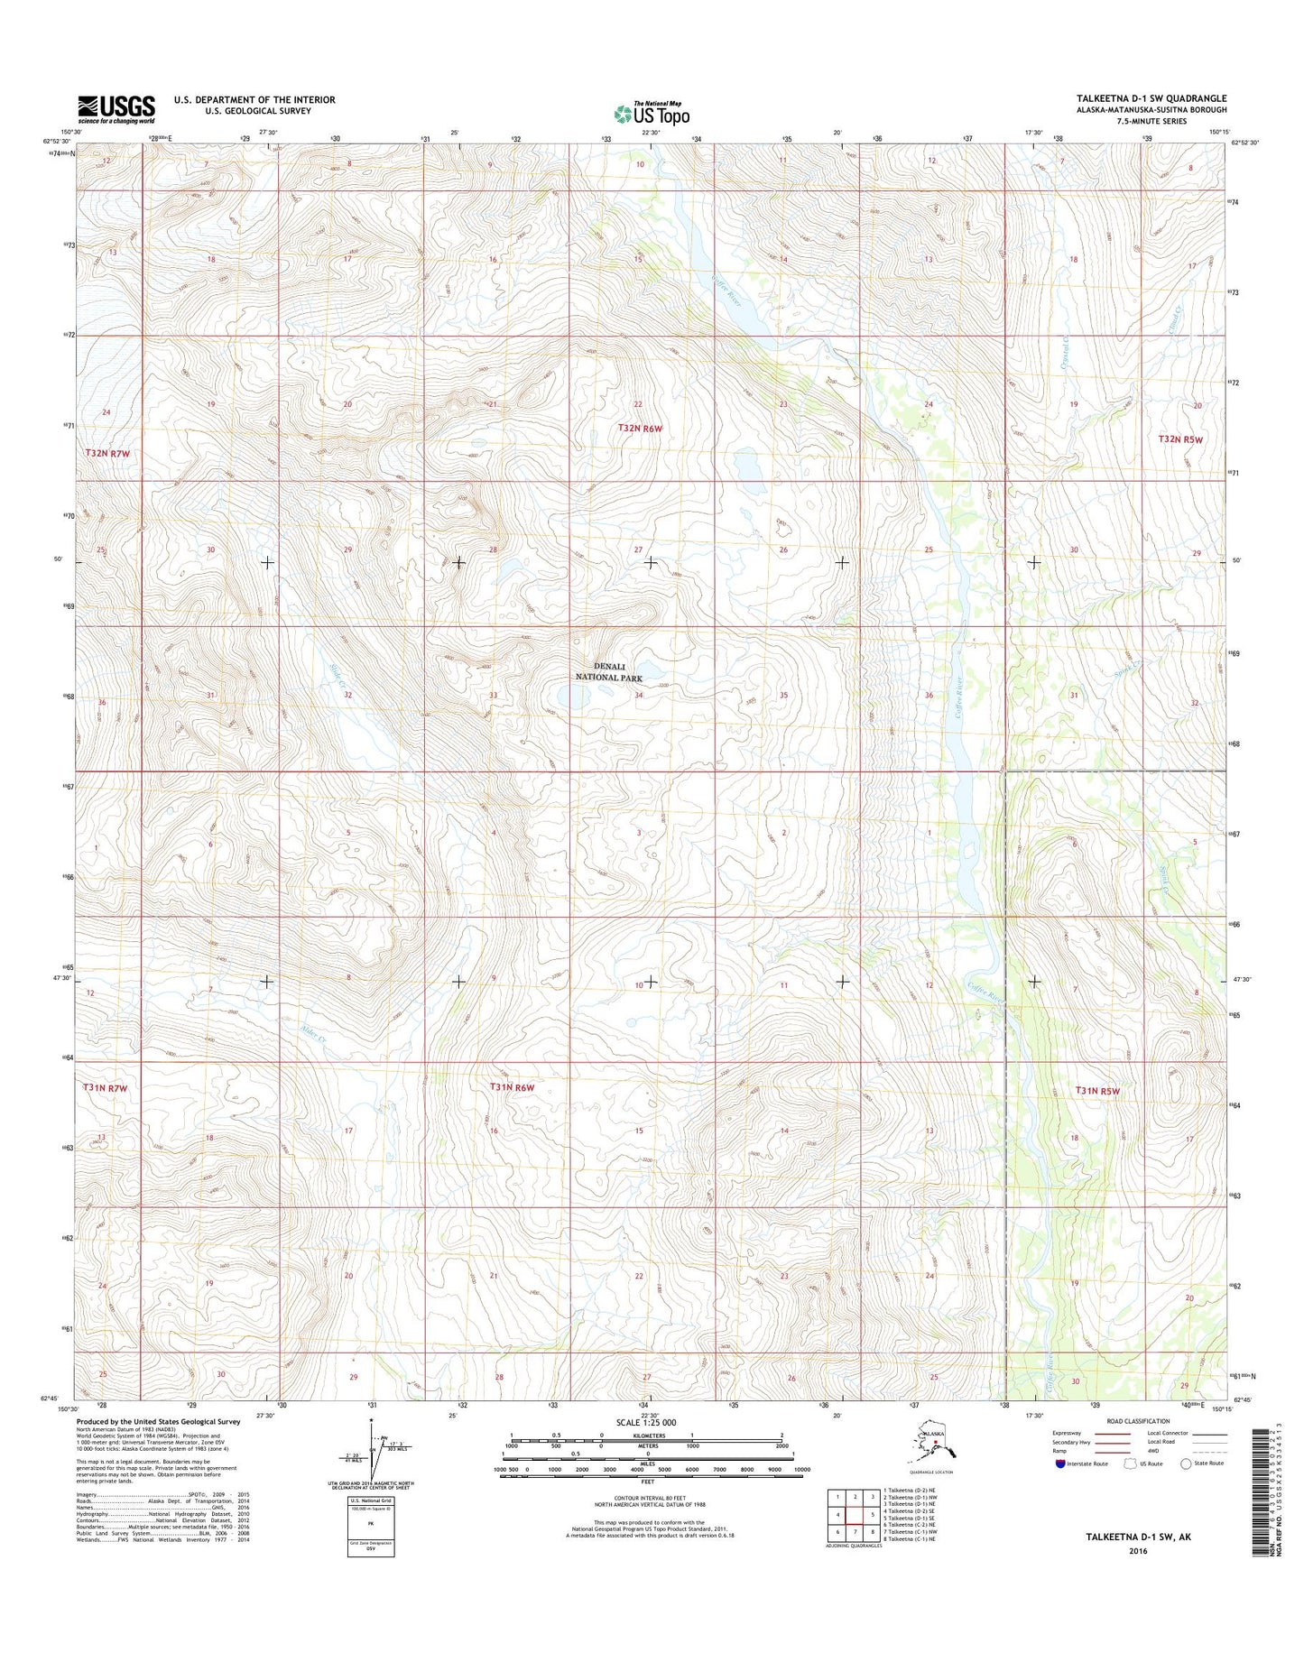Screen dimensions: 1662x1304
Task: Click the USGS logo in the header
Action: coord(116,108)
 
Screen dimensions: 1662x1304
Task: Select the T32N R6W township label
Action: coord(640,429)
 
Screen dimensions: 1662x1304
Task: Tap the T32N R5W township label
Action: coord(1180,439)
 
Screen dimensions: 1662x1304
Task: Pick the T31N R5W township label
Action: coord(1097,1091)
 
